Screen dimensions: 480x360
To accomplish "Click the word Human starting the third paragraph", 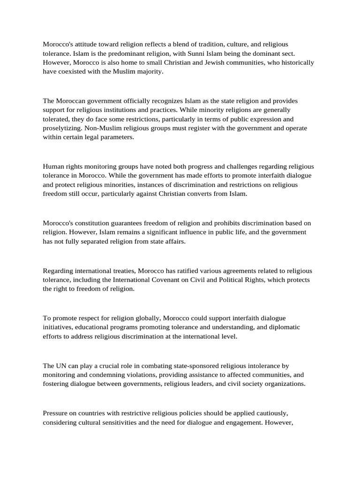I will pyautogui.click(x=53, y=166).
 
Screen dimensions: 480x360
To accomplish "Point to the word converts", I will pyautogui.click(x=198, y=194).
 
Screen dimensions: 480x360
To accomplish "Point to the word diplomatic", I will pyautogui.click(x=284, y=327).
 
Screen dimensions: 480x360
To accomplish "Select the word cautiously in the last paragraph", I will pyautogui.click(x=268, y=413).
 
